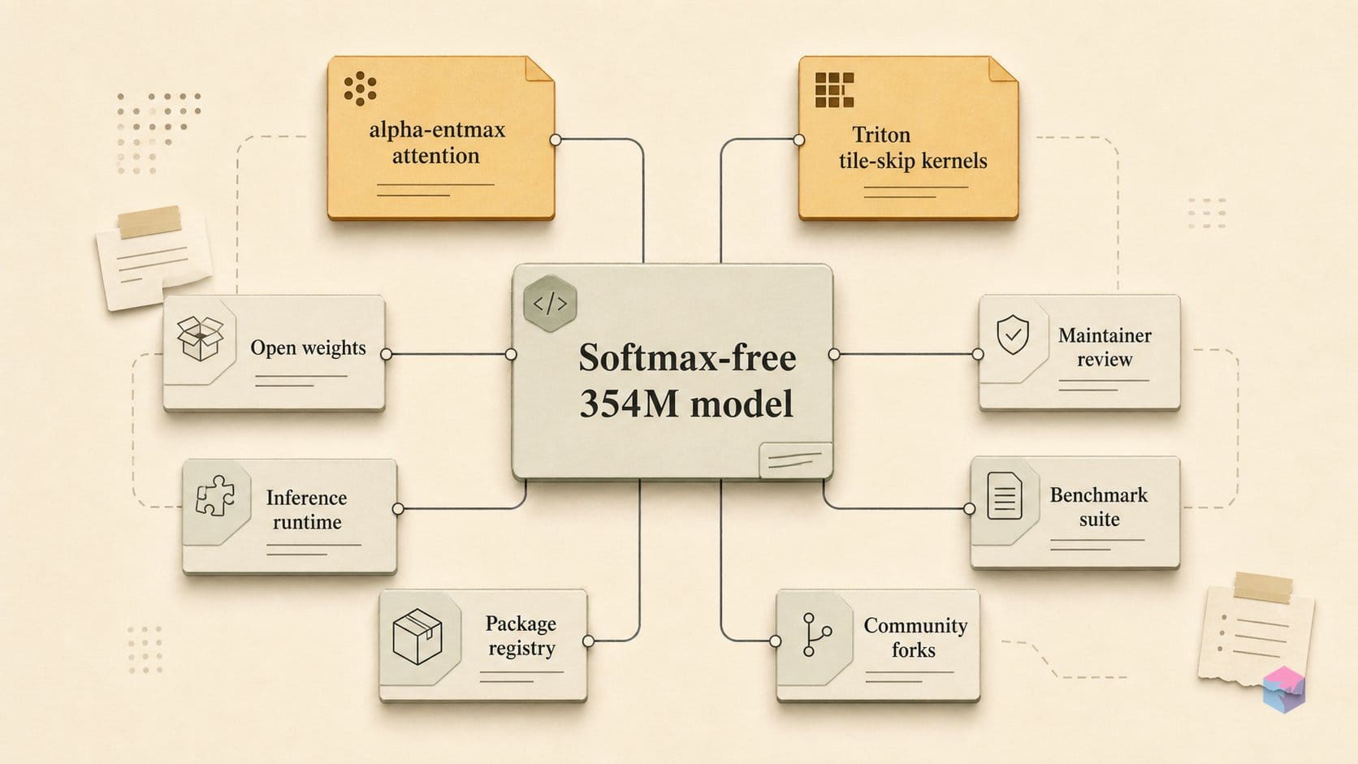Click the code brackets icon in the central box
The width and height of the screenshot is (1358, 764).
point(550,304)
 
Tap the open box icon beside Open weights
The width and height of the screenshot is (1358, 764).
point(200,339)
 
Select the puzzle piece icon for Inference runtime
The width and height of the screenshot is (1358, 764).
point(215,495)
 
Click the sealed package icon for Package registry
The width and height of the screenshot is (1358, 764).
point(417,637)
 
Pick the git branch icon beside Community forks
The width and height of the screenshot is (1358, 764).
point(816,634)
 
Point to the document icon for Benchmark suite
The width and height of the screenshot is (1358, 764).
point(1005,495)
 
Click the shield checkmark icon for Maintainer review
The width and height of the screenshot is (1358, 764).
point(1013,335)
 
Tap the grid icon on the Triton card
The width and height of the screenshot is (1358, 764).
point(834,89)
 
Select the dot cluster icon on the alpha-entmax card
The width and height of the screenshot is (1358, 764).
point(360,88)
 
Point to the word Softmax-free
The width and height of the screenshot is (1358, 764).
point(687,357)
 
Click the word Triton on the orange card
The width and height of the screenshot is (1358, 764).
point(881,135)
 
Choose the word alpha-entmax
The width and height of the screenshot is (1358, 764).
point(437,130)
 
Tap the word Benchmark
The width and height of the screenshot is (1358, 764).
point(1099,495)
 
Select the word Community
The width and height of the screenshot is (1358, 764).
point(915,625)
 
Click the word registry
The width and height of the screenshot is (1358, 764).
point(522,649)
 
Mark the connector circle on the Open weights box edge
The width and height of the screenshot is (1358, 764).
point(386,355)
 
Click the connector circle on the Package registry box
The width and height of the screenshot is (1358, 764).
point(588,641)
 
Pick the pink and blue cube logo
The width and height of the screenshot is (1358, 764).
point(1284,689)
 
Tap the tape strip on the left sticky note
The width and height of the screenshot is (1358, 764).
point(149,222)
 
